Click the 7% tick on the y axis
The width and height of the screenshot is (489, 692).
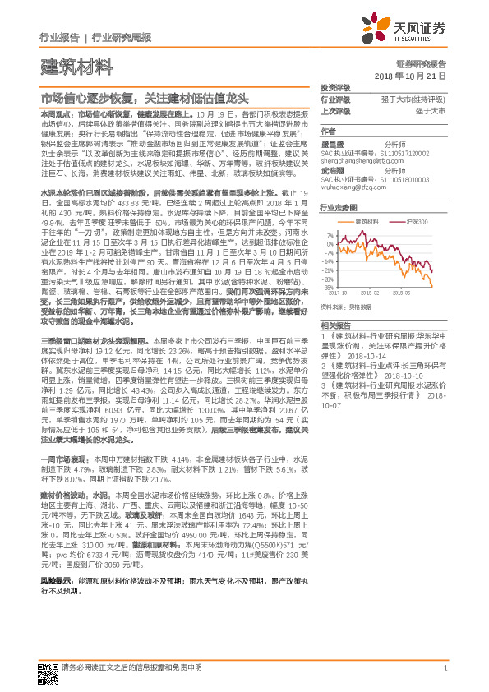(331, 234)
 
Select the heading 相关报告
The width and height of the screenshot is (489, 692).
(334, 325)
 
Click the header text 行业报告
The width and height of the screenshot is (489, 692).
(59, 37)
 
